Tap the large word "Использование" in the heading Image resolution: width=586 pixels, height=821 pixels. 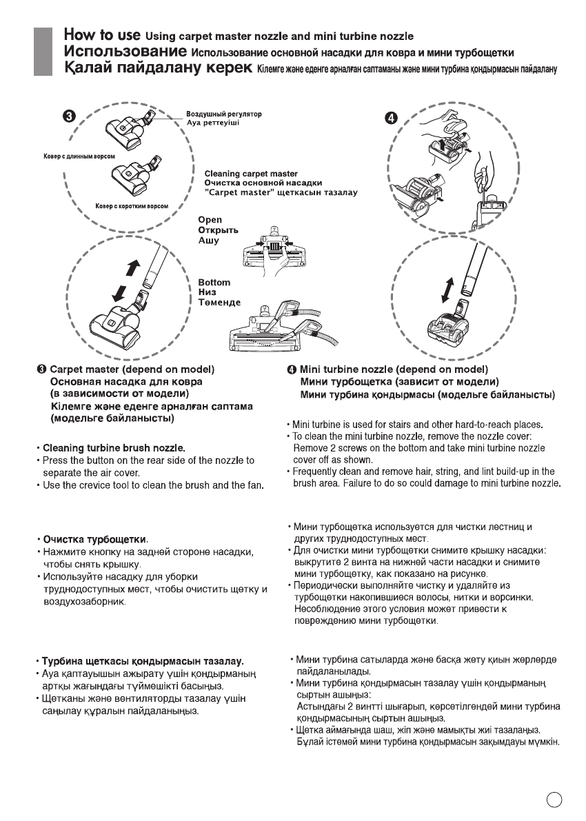[125, 52]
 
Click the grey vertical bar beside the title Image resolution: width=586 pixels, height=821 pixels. [43, 52]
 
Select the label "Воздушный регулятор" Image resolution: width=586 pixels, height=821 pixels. [224, 113]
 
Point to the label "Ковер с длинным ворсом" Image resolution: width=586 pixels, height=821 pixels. [65, 156]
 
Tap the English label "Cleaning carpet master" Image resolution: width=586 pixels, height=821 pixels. [251, 174]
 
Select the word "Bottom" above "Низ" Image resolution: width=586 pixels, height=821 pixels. [214, 283]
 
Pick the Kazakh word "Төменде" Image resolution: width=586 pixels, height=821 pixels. [219, 303]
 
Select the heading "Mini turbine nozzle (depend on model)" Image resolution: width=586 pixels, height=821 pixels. [394, 369]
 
